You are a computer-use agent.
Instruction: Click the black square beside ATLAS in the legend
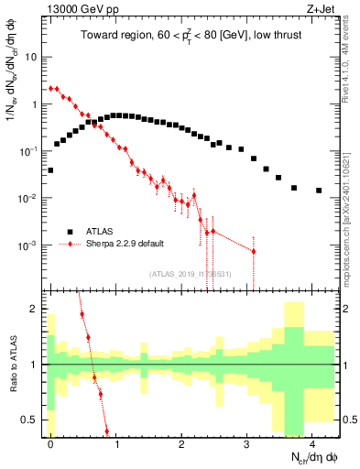[68, 232]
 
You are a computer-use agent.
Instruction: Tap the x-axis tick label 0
[50, 442]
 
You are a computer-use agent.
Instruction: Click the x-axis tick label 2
[181, 442]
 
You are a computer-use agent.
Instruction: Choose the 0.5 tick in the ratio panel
[30, 420]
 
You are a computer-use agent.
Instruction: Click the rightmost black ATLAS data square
[319, 191]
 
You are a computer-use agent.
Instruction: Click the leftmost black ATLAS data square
[50, 170]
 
